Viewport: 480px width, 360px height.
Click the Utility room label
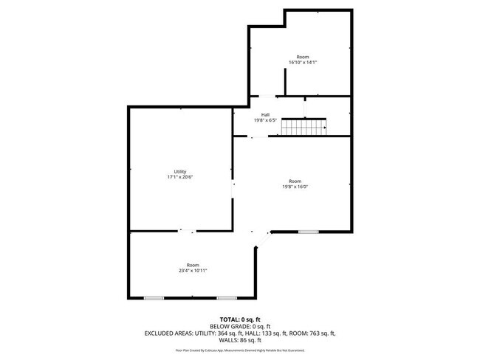(x=180, y=172)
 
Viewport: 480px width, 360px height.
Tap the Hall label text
(x=264, y=114)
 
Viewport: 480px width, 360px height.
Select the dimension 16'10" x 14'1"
(x=302, y=63)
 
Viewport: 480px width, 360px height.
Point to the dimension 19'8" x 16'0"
(x=295, y=187)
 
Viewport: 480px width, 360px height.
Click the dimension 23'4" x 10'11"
(x=193, y=271)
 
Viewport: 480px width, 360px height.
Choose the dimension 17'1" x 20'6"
(x=180, y=178)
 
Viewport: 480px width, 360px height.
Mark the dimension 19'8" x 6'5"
(x=264, y=120)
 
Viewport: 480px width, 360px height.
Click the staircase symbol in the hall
(x=304, y=127)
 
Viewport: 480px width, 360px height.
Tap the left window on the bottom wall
(x=154, y=298)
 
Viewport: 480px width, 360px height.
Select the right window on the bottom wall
(x=227, y=298)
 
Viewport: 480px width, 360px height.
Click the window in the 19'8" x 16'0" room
(x=309, y=232)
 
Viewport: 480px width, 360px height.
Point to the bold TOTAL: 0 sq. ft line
(x=240, y=319)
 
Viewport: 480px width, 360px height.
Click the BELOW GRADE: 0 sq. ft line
(x=240, y=326)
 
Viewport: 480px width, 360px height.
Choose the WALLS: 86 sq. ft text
(x=240, y=340)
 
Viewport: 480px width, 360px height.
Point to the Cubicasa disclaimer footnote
(x=240, y=350)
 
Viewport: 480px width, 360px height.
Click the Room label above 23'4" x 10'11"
(x=193, y=265)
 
